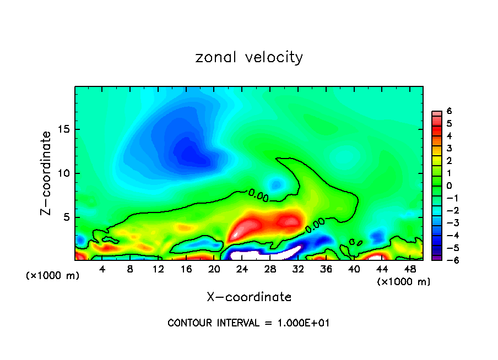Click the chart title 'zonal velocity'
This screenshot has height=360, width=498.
click(x=249, y=57)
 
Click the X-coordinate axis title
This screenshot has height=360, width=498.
click(x=249, y=297)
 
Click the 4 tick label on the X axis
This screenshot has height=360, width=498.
click(x=102, y=269)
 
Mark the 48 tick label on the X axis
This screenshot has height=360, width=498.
click(x=410, y=269)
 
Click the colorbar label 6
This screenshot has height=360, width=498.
click(x=449, y=111)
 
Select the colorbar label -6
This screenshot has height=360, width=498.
click(x=448, y=260)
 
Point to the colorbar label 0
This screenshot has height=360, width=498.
click(x=449, y=186)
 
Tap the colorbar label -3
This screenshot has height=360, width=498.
click(x=448, y=222)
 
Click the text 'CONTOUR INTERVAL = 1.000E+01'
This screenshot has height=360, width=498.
click(x=248, y=323)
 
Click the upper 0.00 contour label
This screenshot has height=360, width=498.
click(x=258, y=194)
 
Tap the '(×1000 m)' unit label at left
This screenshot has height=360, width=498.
click(x=53, y=276)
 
